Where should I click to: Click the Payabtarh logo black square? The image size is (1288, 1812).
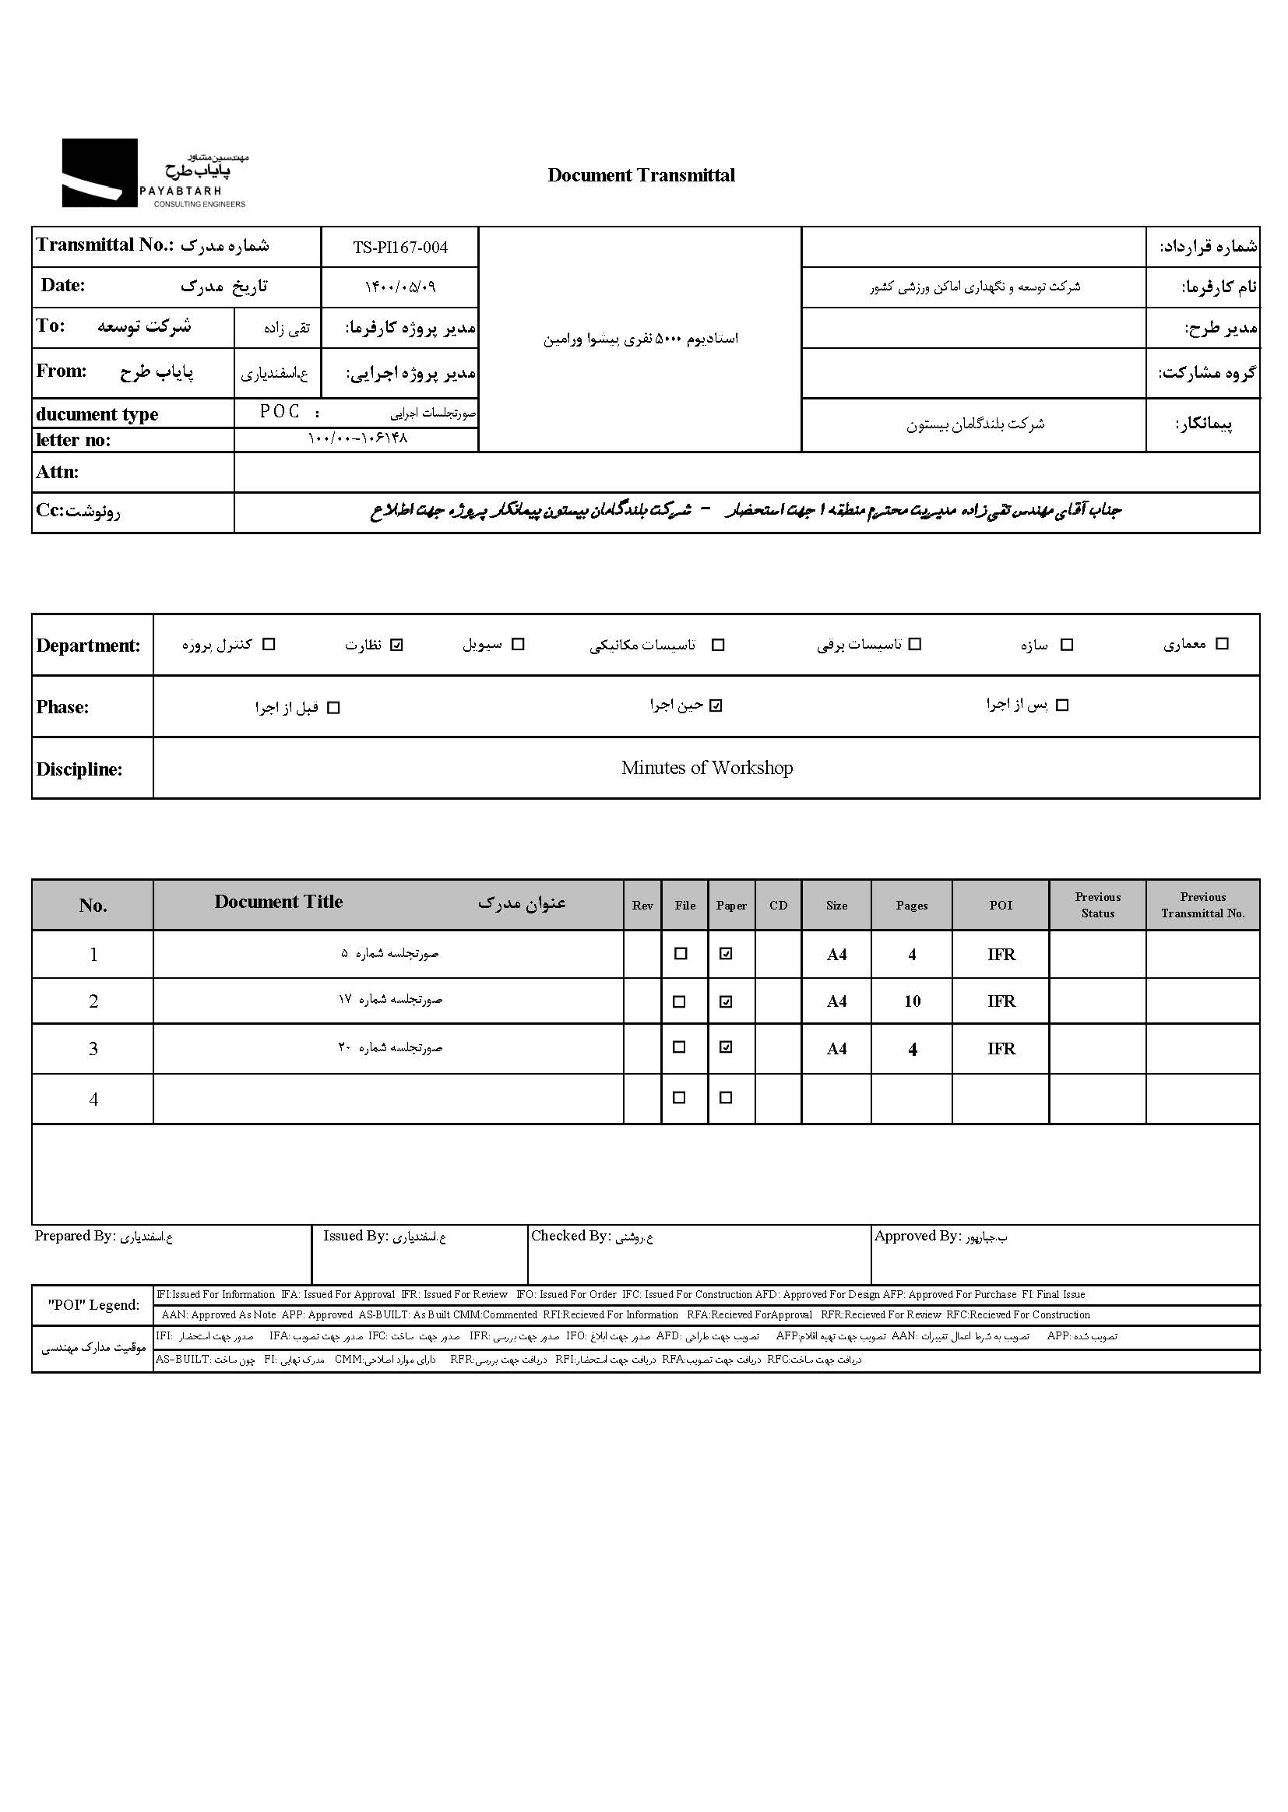tap(99, 173)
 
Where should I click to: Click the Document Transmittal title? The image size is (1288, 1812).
tap(641, 175)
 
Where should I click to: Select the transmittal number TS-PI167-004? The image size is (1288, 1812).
tap(399, 248)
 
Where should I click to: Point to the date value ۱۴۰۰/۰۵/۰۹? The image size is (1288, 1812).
tap(399, 287)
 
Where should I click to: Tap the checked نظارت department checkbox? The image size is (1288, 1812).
tap(397, 645)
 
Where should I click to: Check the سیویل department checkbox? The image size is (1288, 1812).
tap(518, 645)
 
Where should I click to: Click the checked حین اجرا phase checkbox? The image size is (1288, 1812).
tap(716, 705)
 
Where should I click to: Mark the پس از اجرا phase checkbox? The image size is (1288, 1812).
tap(1063, 705)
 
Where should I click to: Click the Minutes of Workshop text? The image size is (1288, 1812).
tap(706, 768)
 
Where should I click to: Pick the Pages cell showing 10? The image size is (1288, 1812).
tap(912, 1001)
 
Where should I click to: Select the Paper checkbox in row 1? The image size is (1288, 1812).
tap(726, 954)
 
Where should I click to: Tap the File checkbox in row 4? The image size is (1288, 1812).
tap(679, 1098)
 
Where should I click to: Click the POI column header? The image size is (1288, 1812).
tap(1000, 906)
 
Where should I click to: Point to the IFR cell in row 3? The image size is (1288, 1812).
tap(1001, 1049)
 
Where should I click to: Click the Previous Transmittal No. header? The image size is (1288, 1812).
tap(1202, 906)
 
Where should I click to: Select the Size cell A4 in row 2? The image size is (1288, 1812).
tap(836, 1001)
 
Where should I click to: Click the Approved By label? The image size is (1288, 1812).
tap(917, 1237)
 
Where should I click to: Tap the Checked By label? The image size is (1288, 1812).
tap(570, 1237)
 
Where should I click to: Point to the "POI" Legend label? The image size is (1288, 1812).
tap(93, 1305)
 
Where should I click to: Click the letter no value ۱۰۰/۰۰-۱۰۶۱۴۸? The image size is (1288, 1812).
tap(357, 438)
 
